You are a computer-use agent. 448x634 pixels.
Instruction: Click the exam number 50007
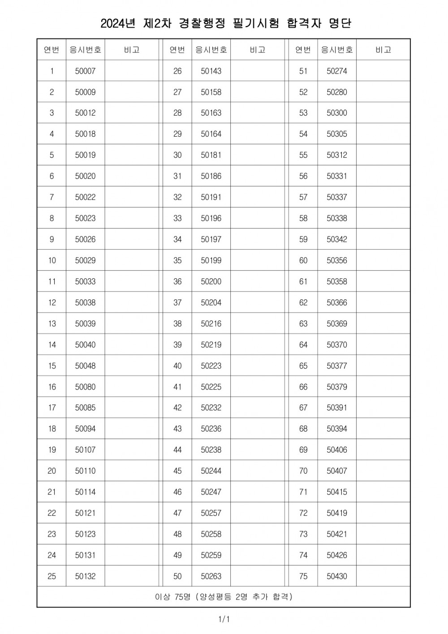[x=85, y=71]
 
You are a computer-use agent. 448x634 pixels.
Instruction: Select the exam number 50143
[x=211, y=71]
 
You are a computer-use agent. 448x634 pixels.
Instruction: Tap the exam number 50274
[x=337, y=71]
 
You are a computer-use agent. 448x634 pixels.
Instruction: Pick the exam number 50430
[x=337, y=576]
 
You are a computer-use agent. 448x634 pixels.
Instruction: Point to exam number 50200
[x=211, y=281]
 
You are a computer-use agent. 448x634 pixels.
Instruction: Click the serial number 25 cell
[x=52, y=576]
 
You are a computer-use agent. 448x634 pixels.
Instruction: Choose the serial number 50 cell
[x=177, y=576]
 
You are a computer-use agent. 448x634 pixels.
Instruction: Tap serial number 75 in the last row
[x=303, y=576]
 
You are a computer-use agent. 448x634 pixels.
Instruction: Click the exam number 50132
[x=85, y=576]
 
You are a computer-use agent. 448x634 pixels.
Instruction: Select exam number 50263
[x=211, y=576]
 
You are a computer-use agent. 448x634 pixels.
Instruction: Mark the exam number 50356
[x=337, y=260]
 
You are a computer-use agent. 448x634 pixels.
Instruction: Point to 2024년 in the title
[x=117, y=23]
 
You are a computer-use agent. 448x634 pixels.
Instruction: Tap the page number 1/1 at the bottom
[x=224, y=620]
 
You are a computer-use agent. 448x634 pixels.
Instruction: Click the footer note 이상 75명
[x=173, y=597]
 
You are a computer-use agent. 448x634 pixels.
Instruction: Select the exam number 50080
[x=85, y=387]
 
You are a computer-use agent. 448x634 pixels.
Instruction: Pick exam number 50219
[x=211, y=345]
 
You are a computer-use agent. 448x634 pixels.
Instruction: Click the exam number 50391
[x=337, y=408]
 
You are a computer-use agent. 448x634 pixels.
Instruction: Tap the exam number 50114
[x=85, y=492]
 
